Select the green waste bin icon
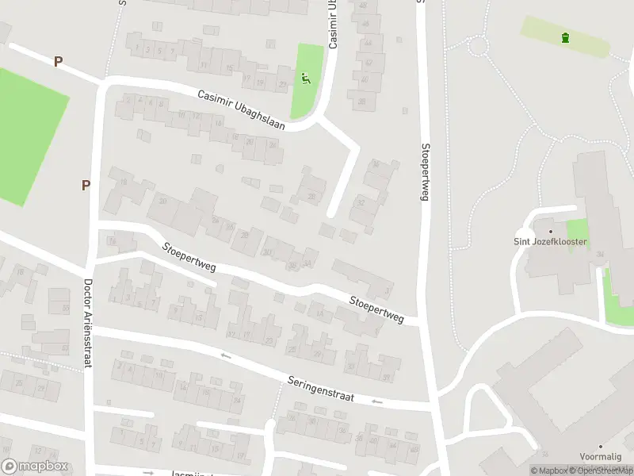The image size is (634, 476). [x=565, y=37]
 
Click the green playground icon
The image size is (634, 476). [x=306, y=78]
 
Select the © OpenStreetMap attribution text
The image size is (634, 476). [x=602, y=470]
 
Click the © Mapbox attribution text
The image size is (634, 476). [x=549, y=470]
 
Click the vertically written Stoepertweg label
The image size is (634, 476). [x=425, y=171]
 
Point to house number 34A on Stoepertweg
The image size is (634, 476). [x=307, y=264]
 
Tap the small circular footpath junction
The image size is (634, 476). [x=477, y=46]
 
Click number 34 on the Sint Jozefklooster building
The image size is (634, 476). [x=601, y=254]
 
